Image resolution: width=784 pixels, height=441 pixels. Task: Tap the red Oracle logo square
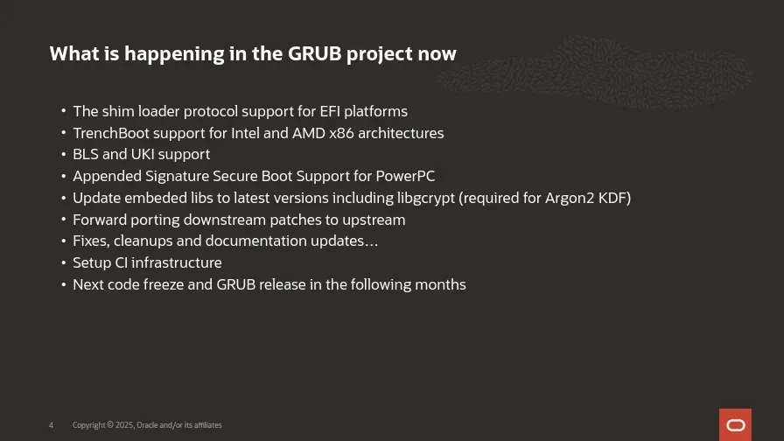pos(735,424)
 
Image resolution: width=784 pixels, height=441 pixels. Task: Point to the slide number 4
pos(51,425)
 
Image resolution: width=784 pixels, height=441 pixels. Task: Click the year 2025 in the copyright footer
pos(124,425)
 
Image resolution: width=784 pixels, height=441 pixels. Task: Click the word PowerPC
pos(405,176)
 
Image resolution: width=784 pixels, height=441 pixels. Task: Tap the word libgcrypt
pos(425,198)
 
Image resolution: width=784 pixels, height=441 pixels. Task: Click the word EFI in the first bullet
pos(330,111)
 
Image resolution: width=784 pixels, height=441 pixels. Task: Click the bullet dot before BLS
pos(64,154)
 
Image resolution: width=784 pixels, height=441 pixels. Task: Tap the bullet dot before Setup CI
pos(64,262)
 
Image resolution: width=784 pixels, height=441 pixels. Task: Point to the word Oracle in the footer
pos(147,425)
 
